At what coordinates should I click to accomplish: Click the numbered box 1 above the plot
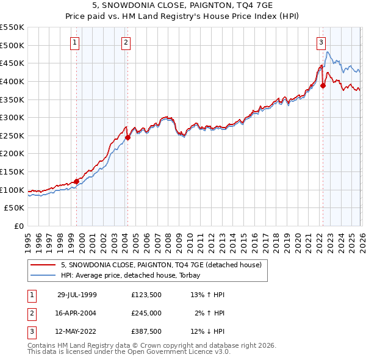(x=74, y=42)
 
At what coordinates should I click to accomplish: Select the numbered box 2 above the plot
(x=125, y=42)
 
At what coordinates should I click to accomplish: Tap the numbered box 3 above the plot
(x=320, y=42)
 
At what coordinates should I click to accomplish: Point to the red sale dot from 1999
(x=77, y=181)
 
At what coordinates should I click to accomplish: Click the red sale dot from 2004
(x=128, y=138)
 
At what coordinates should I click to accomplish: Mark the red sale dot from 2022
(x=323, y=86)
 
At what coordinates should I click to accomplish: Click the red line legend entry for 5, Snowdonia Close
(x=161, y=265)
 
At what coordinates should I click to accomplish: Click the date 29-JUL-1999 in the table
(x=77, y=294)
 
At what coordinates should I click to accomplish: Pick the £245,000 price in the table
(x=146, y=312)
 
